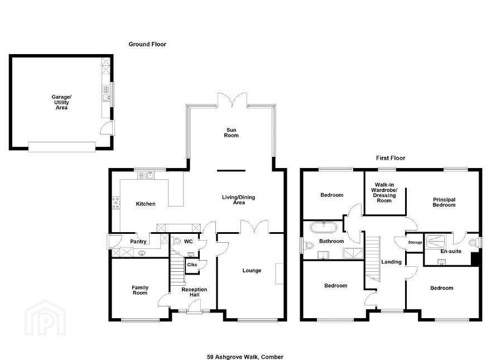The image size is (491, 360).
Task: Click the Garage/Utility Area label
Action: [x=61, y=102]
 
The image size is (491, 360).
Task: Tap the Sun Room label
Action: [x=232, y=132]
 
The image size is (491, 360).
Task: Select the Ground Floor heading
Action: [x=147, y=44]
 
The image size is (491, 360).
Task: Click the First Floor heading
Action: [x=391, y=158]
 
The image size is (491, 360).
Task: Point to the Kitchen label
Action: [x=146, y=204]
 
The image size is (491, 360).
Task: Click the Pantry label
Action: [x=138, y=242]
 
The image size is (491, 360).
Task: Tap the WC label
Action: [x=188, y=242]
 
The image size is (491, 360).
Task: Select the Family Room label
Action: [x=140, y=290]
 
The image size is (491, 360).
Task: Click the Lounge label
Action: [x=252, y=270]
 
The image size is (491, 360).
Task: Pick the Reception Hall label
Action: [x=194, y=292]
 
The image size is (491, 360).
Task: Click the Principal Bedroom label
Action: [x=444, y=202]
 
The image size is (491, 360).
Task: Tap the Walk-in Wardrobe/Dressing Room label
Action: [x=384, y=193]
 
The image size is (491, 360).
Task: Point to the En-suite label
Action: [x=451, y=251]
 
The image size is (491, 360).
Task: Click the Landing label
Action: [x=392, y=262]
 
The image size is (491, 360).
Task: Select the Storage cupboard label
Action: [x=415, y=242]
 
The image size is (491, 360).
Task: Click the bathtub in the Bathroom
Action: [x=324, y=227]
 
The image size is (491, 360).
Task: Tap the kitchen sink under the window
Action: [x=146, y=175]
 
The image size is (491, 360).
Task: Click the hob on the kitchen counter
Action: [x=116, y=203]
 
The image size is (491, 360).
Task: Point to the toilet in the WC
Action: [x=176, y=241]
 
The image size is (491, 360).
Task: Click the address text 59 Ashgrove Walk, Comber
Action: [x=245, y=357]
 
